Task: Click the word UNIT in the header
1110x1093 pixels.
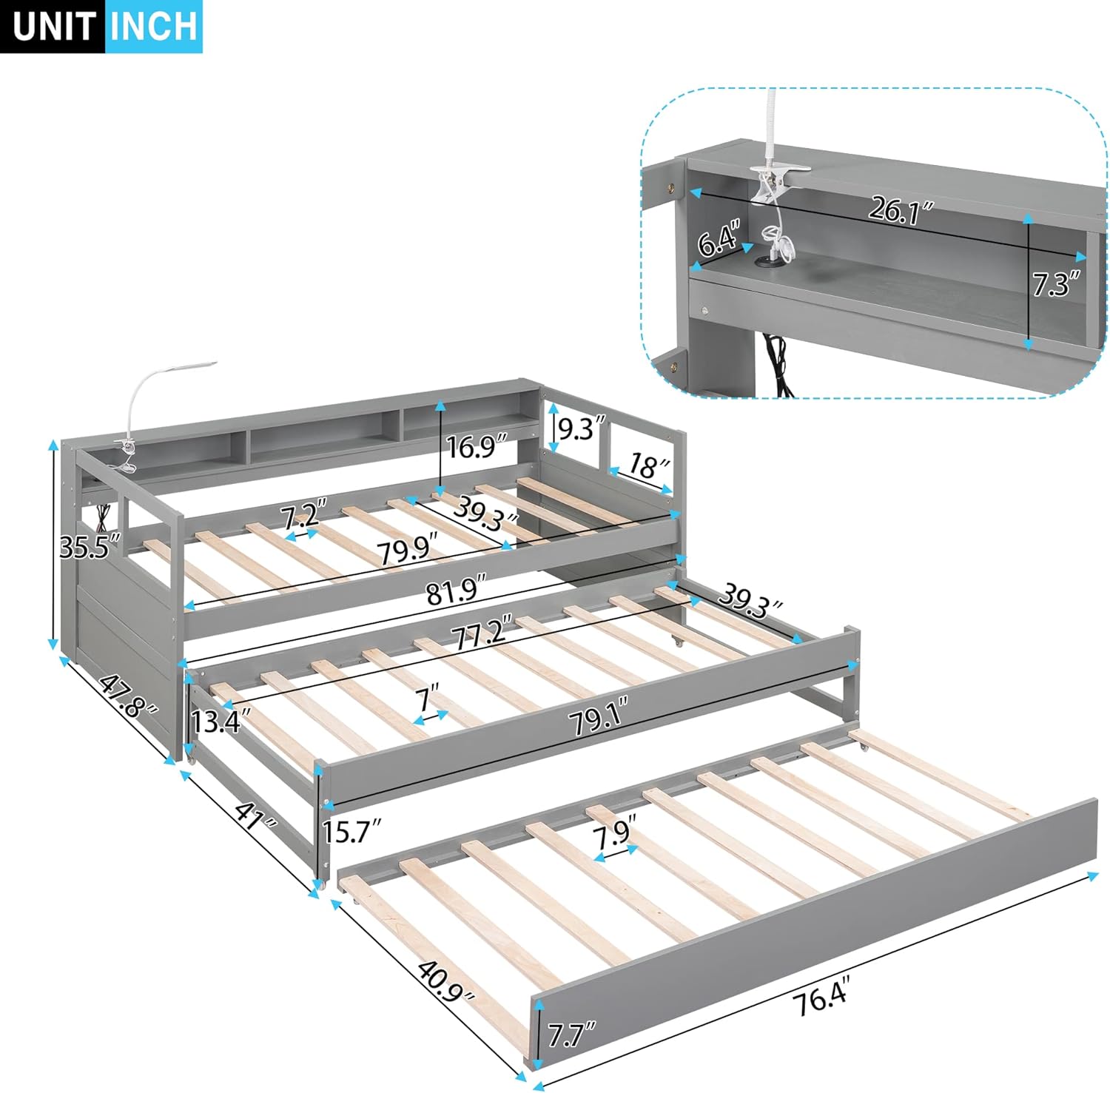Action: pyautogui.click(x=53, y=27)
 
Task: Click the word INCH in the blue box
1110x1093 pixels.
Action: pyautogui.click(x=154, y=27)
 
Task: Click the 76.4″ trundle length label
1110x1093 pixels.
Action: pyautogui.click(x=819, y=1000)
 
